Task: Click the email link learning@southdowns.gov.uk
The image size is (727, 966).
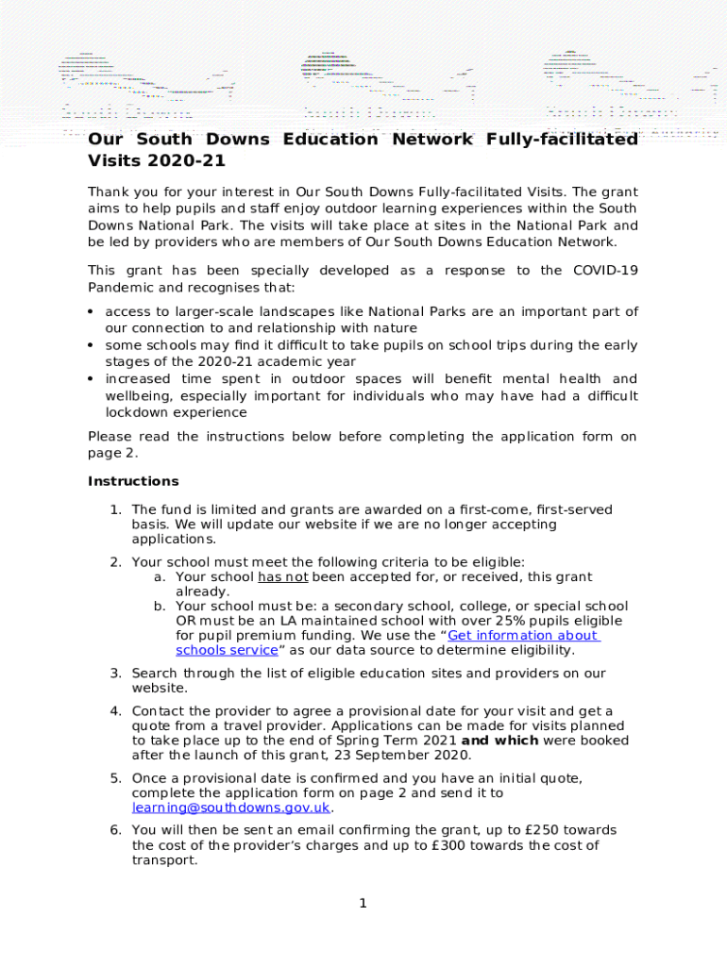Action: [x=231, y=808]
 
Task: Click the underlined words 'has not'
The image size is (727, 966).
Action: [x=282, y=576]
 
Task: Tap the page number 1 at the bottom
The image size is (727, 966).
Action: [x=363, y=904]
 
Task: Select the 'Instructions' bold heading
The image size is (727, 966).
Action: [x=133, y=481]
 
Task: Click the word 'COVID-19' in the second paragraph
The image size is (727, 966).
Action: [x=605, y=271]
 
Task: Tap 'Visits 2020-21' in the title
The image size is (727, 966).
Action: [x=146, y=160]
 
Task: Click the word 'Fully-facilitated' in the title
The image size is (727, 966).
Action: [x=561, y=140]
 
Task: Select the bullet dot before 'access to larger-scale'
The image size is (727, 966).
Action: [x=91, y=312]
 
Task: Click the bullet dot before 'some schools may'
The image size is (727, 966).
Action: [x=91, y=346]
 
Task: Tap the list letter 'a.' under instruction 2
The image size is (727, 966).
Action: [x=161, y=576]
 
